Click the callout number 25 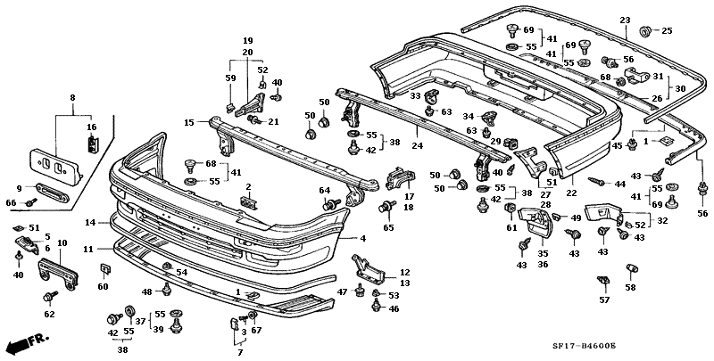click(667, 32)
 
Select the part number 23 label click(625, 21)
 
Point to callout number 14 click(90, 222)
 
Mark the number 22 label click(571, 193)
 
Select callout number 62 click(49, 314)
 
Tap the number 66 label click(12, 203)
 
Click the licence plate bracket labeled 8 click(54, 162)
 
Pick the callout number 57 click(604, 300)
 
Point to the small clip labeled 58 click(630, 268)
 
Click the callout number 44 click(616, 183)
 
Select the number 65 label click(389, 228)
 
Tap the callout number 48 click(145, 291)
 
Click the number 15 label click(189, 122)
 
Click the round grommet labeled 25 click(645, 33)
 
